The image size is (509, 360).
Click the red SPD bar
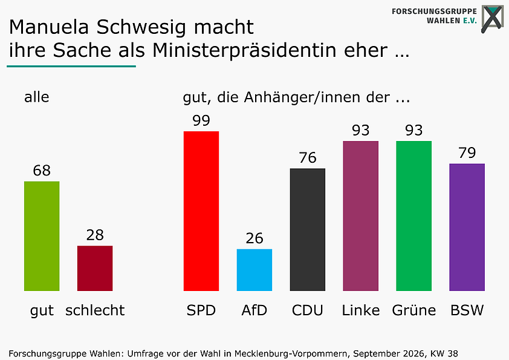[x=201, y=211]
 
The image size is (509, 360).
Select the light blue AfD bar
[x=254, y=270]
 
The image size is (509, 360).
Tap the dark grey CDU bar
[x=308, y=230]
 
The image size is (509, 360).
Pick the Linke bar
[x=361, y=216]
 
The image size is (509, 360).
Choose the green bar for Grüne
[x=414, y=216]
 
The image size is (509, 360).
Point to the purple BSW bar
[x=467, y=227]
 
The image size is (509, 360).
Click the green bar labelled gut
[x=42, y=236]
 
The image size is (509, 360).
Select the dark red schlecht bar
[x=95, y=269]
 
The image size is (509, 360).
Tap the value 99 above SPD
[x=201, y=120]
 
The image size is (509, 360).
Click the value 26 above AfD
[x=254, y=238]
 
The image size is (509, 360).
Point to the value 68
[x=42, y=171]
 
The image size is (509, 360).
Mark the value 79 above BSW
[x=467, y=152]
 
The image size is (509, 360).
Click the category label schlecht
[x=95, y=310]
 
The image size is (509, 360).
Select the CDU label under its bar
[x=308, y=310]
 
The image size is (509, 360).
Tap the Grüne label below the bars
[x=414, y=310]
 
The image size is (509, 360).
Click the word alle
[x=37, y=97]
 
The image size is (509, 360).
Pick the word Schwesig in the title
[x=141, y=28]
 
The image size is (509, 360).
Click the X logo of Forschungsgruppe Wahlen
[x=493, y=19]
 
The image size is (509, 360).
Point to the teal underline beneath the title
[x=71, y=67]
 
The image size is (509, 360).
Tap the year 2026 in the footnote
[x=413, y=353]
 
